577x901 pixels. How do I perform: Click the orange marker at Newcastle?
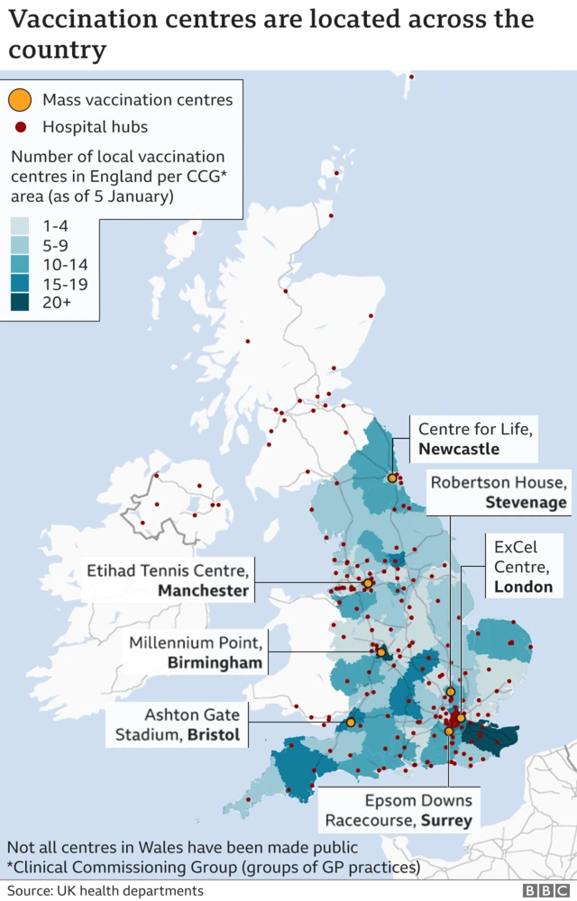[392, 478]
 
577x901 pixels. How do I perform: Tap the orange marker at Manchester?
[368, 584]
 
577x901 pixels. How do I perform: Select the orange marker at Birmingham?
[381, 651]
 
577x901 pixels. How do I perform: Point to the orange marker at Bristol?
[351, 722]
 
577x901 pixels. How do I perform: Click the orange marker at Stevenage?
[451, 692]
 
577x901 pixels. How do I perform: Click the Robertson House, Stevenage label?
[499, 492]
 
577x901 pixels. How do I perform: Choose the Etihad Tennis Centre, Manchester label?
[168, 580]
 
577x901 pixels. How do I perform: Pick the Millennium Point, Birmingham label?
[196, 652]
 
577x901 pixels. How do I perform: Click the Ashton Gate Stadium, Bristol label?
[178, 724]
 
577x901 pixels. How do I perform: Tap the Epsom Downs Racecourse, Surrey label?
[398, 810]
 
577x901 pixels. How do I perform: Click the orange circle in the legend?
[19, 99]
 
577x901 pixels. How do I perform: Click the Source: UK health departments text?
[105, 890]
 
